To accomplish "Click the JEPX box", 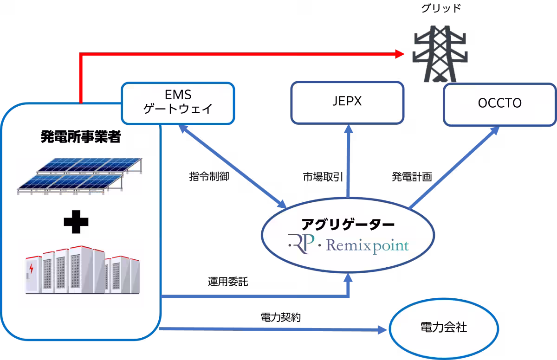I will (x=347, y=103).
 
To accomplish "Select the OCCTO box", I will (x=499, y=104).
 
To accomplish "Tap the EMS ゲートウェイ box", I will (x=178, y=103).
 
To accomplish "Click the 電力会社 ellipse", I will (x=443, y=328).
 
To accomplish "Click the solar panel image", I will (x=79, y=176).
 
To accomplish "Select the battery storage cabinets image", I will (x=81, y=273).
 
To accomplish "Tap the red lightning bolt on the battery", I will (x=32, y=269).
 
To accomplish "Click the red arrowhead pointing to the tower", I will (x=401, y=54).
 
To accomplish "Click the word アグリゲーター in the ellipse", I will (x=348, y=225).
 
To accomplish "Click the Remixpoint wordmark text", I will (x=367, y=244).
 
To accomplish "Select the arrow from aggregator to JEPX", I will (x=347, y=162).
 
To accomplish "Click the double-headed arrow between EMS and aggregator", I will (x=232, y=167).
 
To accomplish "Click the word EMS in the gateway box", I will (x=178, y=96).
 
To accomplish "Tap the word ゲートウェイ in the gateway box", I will (x=178, y=109).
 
